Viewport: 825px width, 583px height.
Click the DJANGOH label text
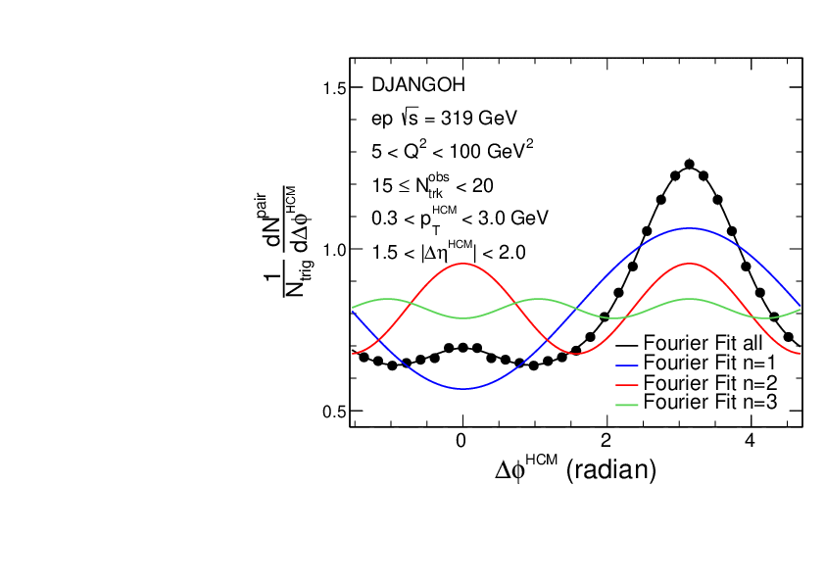tap(412, 85)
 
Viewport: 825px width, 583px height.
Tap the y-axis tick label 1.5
tap(334, 89)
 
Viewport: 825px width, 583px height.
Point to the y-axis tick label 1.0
tap(334, 250)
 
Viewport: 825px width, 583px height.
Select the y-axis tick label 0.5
tap(334, 411)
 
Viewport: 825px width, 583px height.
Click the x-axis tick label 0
tap(461, 440)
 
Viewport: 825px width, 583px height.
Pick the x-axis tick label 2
tap(607, 440)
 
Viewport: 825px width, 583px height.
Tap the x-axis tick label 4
tap(751, 440)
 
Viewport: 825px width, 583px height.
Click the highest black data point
tap(689, 165)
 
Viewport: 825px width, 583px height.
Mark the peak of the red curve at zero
tap(461, 263)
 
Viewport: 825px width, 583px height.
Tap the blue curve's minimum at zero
tap(461, 389)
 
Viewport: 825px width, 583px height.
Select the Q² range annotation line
tap(452, 151)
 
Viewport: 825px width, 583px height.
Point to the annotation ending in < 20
tap(432, 183)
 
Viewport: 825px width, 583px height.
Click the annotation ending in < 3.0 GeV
tap(460, 217)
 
